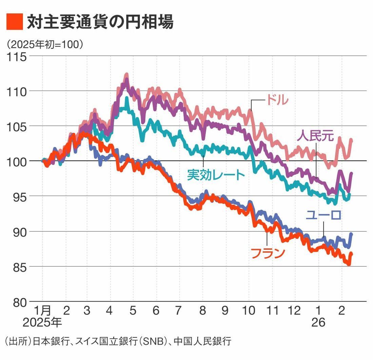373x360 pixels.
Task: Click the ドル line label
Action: [277, 100]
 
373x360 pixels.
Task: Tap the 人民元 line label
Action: [316, 136]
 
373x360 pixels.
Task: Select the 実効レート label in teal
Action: [216, 175]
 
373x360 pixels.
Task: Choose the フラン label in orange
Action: [268, 253]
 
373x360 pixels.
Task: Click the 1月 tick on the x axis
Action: [42, 311]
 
